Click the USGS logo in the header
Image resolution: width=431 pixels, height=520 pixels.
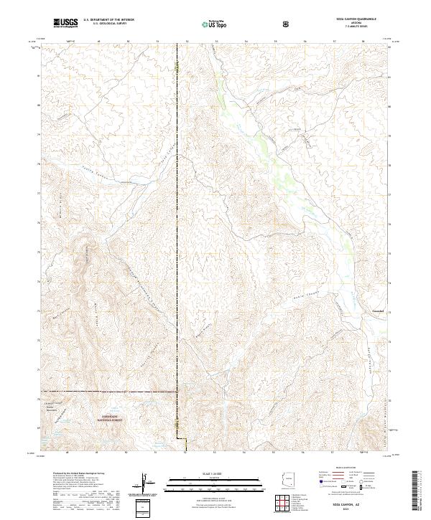coord(66,23)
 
